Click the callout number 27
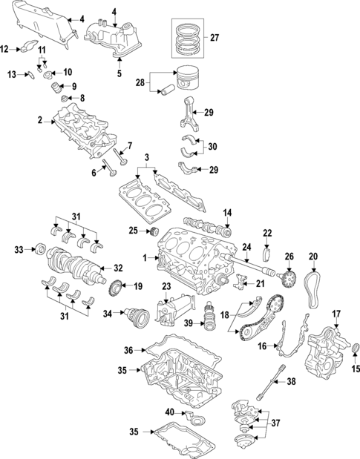click(x=215, y=37)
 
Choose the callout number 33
click(x=19, y=250)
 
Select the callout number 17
click(x=336, y=314)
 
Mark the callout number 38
click(x=291, y=382)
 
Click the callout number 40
click(x=168, y=412)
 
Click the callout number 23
click(x=166, y=285)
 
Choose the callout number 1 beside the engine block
click(x=145, y=258)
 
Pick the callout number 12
click(x=5, y=50)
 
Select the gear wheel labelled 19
click(x=116, y=287)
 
